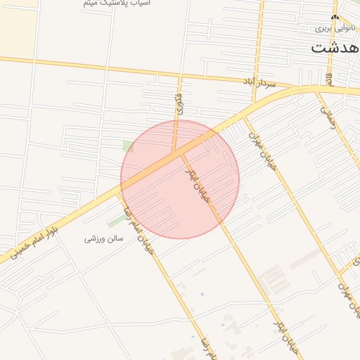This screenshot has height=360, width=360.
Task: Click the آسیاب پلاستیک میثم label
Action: pyautogui.click(x=116, y=4)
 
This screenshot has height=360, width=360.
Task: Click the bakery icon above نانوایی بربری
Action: pyautogui.click(x=334, y=17)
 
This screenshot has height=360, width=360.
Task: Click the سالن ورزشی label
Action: pyautogui.click(x=104, y=238)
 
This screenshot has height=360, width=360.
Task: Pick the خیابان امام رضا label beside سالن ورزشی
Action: pyautogui.click(x=139, y=233)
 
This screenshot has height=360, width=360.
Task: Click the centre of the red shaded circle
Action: pyautogui.click(x=180, y=179)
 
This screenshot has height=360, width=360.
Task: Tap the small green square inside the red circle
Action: pyautogui.click(x=128, y=146)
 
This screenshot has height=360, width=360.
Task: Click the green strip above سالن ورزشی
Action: pyautogui.click(x=115, y=220)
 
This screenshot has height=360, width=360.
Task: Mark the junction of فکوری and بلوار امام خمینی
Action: pyautogui.click(x=174, y=152)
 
